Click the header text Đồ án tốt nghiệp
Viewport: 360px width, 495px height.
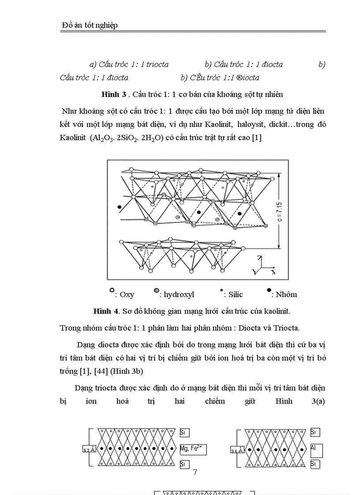(x=90, y=26)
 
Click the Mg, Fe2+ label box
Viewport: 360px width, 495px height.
(x=193, y=449)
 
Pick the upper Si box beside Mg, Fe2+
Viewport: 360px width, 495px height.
(x=184, y=433)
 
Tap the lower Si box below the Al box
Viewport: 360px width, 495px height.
(x=315, y=464)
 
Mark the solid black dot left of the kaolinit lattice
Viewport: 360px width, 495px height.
(x=119, y=207)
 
